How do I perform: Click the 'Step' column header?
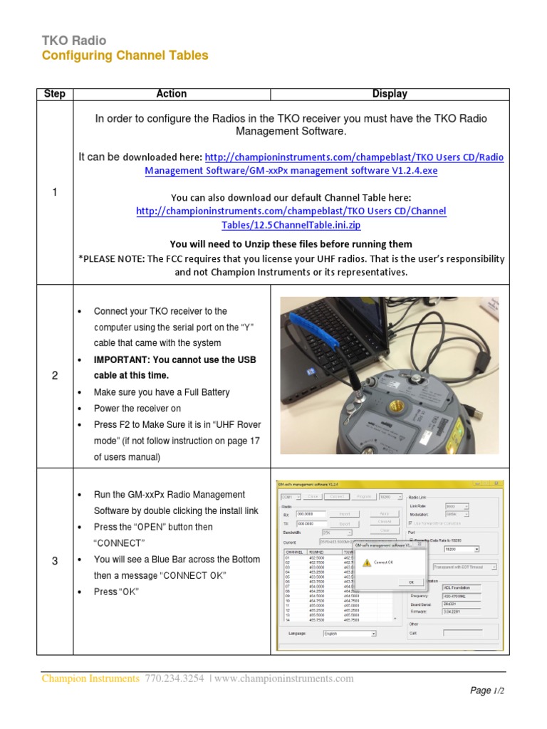[x=55, y=94]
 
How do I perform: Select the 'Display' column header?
[x=390, y=94]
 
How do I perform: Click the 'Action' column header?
[x=171, y=94]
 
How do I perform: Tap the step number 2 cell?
[x=55, y=376]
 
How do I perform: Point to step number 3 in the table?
[x=55, y=561]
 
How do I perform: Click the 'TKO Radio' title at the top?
[x=74, y=41]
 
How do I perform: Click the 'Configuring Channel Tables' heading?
[x=125, y=56]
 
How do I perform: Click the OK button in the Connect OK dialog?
[x=411, y=582]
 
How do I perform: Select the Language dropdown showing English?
[x=349, y=633]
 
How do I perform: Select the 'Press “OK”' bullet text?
[x=117, y=592]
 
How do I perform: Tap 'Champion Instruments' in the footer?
[x=90, y=678]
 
